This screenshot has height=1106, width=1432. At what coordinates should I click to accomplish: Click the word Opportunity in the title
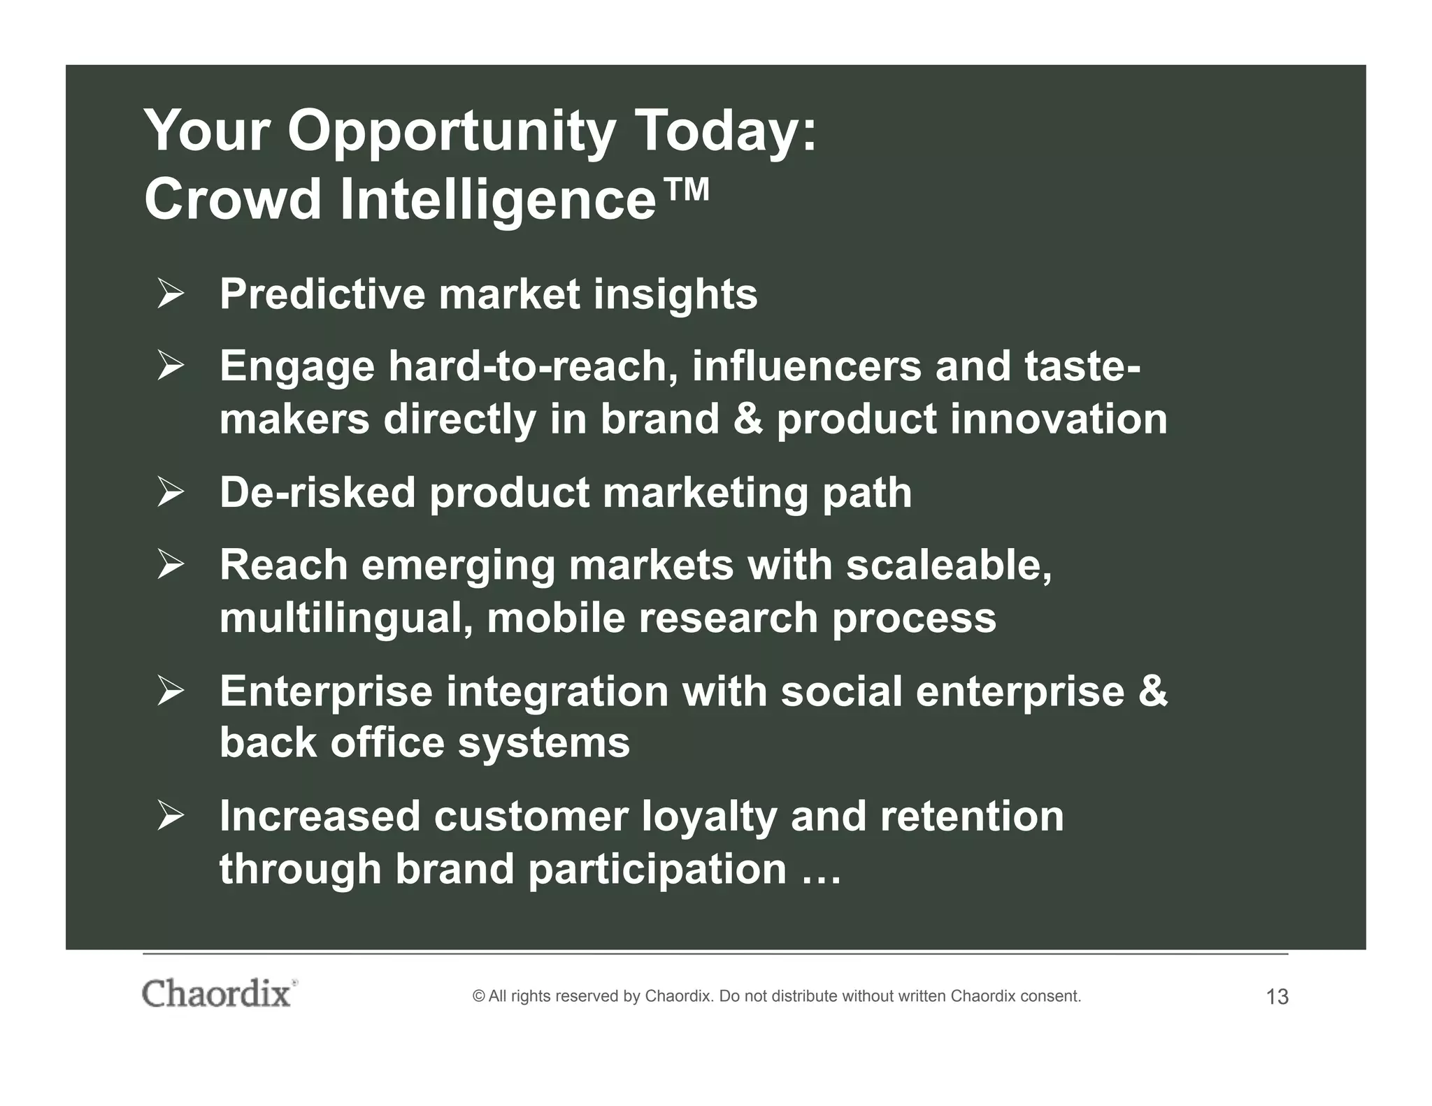pos(451,133)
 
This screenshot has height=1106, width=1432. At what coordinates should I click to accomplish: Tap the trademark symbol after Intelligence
pos(685,190)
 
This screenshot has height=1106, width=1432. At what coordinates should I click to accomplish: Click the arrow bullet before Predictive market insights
pos(170,294)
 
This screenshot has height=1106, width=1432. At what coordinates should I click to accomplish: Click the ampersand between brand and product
pos(748,419)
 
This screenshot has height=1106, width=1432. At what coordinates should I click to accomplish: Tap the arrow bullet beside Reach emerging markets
pos(170,564)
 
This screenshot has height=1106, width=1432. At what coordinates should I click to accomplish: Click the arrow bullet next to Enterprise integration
pos(170,691)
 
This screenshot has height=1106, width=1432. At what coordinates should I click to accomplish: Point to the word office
pos(387,742)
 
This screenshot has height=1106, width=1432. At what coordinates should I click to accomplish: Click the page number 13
pos(1277,997)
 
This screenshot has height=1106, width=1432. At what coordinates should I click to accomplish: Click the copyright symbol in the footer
pos(479,996)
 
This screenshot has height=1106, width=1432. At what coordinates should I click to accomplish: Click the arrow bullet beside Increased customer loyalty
pos(170,816)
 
